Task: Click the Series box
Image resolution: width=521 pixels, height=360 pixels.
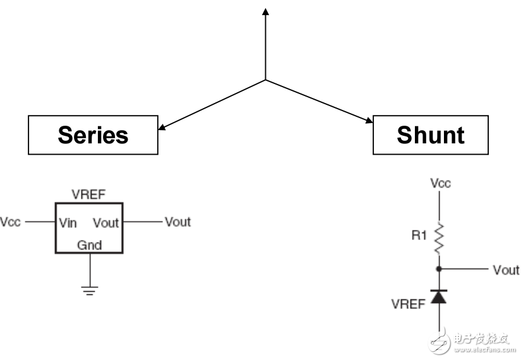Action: tap(93, 135)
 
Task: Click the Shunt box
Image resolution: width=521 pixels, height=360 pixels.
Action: tap(430, 135)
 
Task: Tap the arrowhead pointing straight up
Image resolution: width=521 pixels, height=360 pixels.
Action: tap(265, 12)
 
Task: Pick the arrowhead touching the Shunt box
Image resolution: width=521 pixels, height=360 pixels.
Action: tap(369, 119)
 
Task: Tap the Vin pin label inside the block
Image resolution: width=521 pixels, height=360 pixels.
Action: tap(68, 222)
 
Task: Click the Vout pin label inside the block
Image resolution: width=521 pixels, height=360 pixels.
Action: tap(105, 222)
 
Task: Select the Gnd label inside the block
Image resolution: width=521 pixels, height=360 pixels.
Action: tap(89, 245)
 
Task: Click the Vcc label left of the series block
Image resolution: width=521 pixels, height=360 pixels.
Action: tap(11, 222)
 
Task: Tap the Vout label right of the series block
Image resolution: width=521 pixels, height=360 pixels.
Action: tap(177, 222)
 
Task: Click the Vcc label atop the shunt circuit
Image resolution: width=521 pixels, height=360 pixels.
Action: tap(440, 183)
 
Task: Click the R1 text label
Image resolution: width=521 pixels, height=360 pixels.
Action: tap(420, 236)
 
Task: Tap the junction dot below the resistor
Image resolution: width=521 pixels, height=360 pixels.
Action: tap(440, 269)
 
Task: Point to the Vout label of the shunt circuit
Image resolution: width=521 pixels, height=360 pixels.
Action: tap(506, 270)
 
